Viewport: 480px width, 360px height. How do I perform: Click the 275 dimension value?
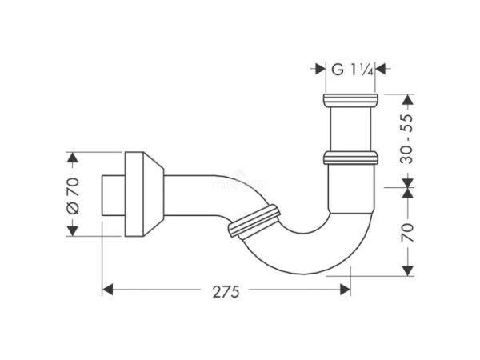pos(227,292)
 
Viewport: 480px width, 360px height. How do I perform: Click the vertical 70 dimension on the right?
pos(408,232)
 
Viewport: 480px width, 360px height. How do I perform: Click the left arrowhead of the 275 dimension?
pos(107,289)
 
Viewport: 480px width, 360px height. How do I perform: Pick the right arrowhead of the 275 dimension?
pos(346,289)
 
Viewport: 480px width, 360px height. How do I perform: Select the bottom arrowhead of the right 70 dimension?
pos(408,271)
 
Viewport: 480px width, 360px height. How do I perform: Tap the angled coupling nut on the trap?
pos(254,221)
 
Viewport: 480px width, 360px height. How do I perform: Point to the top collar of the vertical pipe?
pos(350,101)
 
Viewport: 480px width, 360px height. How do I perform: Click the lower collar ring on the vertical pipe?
pos(350,157)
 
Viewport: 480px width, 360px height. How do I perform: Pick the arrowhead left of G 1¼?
pos(317,70)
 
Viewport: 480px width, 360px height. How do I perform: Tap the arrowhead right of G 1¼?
pos(382,70)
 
